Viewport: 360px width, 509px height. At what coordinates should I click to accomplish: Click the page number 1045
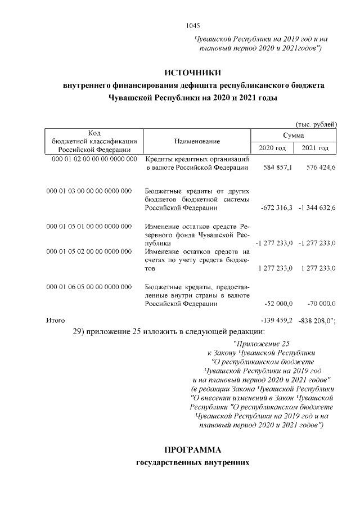pos(192,25)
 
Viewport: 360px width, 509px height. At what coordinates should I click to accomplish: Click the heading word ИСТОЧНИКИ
pos(193,73)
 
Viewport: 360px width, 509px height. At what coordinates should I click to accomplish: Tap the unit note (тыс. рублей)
pos(316,124)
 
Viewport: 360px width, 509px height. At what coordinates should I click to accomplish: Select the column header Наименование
pos(197,141)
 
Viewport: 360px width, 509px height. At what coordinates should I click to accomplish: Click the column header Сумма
pos(293,136)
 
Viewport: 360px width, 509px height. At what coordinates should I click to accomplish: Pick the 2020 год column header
pos(272,148)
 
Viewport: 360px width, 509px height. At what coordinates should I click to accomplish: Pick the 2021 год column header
pos(315,148)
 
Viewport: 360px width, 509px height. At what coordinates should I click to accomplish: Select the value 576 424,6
pos(319,168)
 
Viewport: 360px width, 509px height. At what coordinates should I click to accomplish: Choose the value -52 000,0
pos(277,304)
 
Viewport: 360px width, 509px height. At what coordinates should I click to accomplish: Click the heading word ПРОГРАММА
pos(193,450)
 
